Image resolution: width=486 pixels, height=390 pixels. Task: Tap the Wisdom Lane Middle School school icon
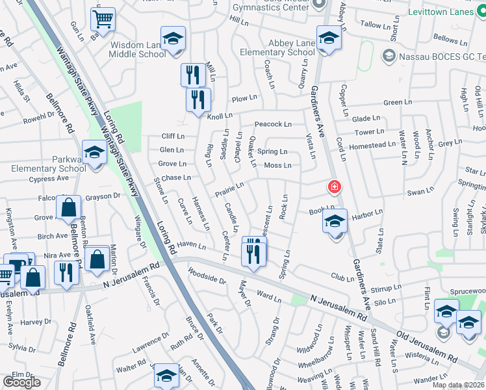click(x=173, y=38)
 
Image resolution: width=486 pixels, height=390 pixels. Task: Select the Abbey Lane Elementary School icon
click(x=329, y=38)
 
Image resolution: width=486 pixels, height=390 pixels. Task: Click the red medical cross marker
click(x=334, y=188)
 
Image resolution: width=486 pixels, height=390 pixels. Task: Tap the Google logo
click(x=21, y=382)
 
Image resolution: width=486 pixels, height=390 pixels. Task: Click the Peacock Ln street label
click(x=273, y=124)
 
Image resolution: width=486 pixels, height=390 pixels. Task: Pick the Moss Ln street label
click(x=277, y=165)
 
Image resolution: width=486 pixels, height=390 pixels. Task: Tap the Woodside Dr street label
click(x=207, y=276)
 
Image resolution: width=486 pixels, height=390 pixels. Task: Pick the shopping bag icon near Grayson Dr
click(x=68, y=208)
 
